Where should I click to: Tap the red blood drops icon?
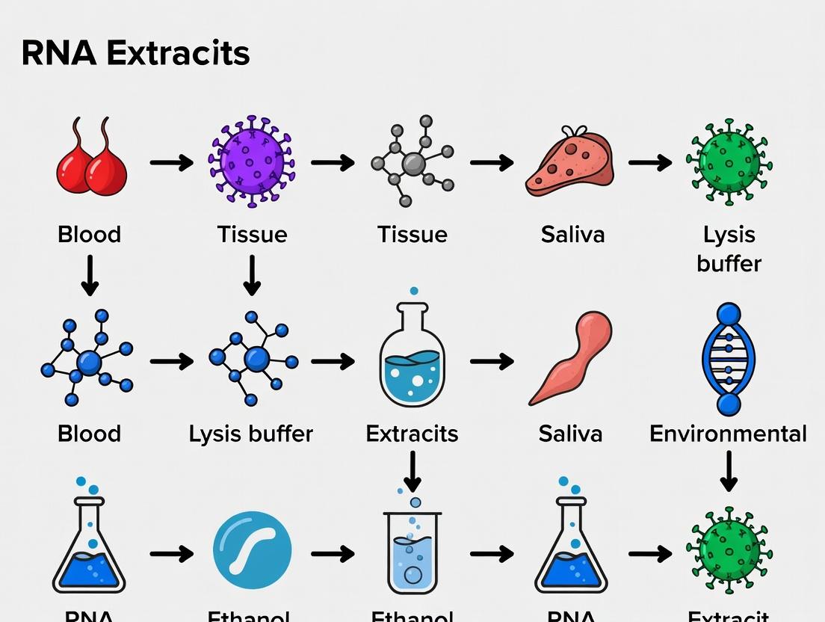click(x=91, y=161)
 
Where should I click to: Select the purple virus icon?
click(x=252, y=161)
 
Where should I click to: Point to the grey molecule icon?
click(x=413, y=162)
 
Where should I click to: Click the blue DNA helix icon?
click(x=729, y=360)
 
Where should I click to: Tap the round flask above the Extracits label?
click(x=412, y=357)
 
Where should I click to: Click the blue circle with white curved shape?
click(x=252, y=552)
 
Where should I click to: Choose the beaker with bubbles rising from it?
click(x=412, y=549)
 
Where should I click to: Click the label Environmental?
click(x=728, y=434)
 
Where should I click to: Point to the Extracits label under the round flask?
click(x=412, y=434)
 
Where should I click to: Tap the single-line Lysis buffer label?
click(x=250, y=434)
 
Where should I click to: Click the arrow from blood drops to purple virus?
click(x=171, y=162)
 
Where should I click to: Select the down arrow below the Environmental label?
click(x=729, y=471)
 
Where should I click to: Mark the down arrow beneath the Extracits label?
click(x=412, y=471)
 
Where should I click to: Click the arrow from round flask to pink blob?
click(x=491, y=361)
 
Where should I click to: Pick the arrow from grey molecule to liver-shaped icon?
click(x=491, y=162)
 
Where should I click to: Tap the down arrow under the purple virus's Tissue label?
click(x=252, y=275)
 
